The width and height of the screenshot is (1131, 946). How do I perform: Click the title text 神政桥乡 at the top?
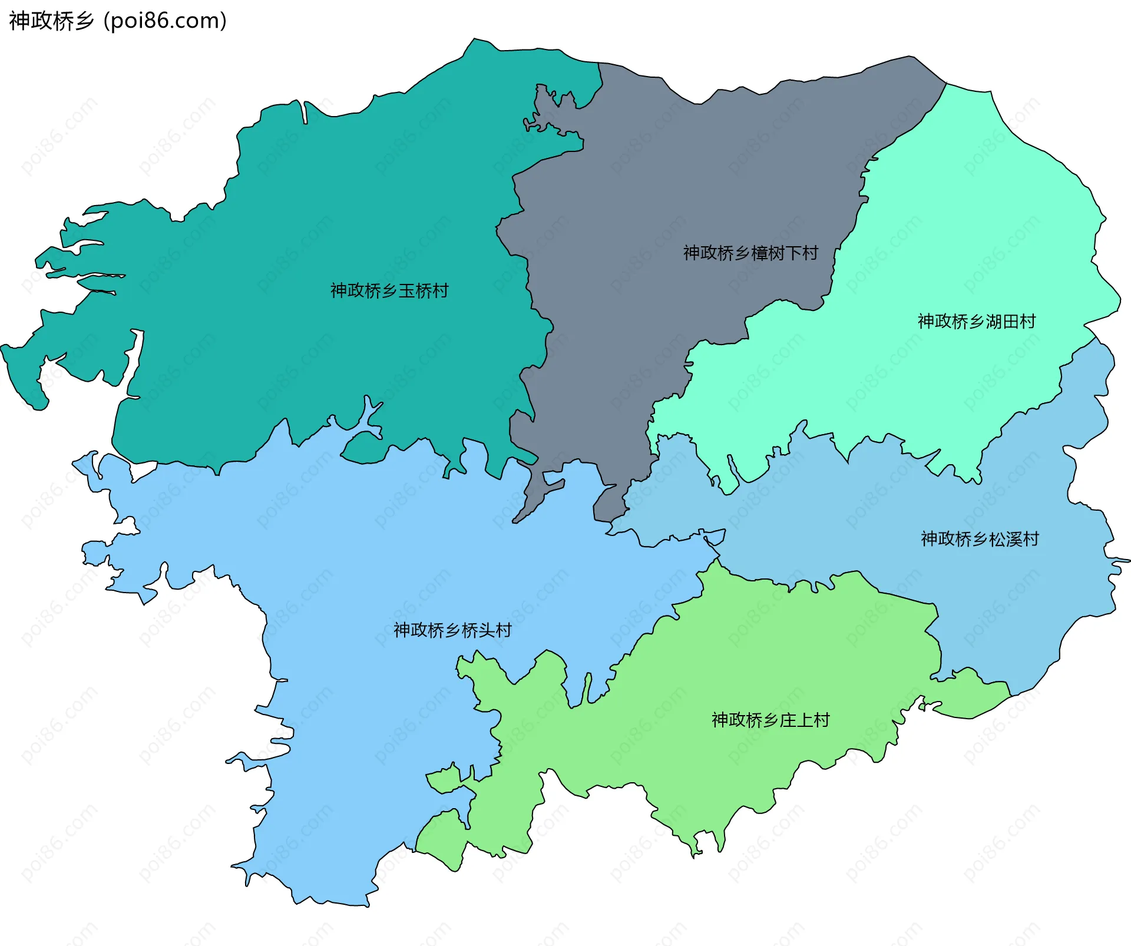tap(52, 21)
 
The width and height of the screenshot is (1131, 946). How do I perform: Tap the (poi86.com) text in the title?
tap(166, 21)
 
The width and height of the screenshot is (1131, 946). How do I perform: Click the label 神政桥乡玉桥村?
tap(389, 290)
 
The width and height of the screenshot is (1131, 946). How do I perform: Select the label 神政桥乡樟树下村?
tap(750, 253)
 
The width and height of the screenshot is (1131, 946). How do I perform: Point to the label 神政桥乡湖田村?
tap(976, 321)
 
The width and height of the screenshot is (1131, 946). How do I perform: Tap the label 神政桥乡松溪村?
tap(980, 539)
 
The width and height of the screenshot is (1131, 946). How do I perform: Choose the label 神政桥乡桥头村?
tap(452, 630)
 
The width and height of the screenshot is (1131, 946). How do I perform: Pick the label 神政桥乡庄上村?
tap(770, 720)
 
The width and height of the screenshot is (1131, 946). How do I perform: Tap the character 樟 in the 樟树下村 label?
tap(759, 253)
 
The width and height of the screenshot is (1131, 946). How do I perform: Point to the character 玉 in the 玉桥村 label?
tap(406, 290)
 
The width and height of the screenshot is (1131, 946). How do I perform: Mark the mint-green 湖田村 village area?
tap(972, 236)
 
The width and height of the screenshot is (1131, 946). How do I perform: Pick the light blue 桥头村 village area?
tap(353, 560)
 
